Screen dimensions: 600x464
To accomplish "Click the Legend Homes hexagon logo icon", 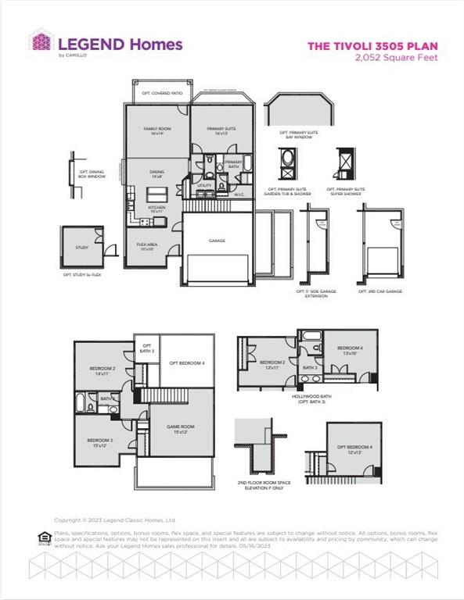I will click(41, 42).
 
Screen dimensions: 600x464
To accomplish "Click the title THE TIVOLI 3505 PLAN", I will click(372, 46).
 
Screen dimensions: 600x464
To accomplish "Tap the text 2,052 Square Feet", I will click(395, 57).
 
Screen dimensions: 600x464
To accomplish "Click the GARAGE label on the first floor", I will click(217, 241).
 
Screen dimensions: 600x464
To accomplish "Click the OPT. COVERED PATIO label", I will click(162, 93).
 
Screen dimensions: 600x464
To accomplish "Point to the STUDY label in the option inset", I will click(82, 247).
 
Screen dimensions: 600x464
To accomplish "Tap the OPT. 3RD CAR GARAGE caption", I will click(380, 291).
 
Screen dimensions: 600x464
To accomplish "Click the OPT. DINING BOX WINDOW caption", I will click(92, 174).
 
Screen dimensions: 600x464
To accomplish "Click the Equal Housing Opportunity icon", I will click(44, 536).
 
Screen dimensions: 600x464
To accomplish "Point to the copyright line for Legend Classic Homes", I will click(115, 520).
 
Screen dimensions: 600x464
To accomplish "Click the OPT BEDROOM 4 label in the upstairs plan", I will click(187, 363).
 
